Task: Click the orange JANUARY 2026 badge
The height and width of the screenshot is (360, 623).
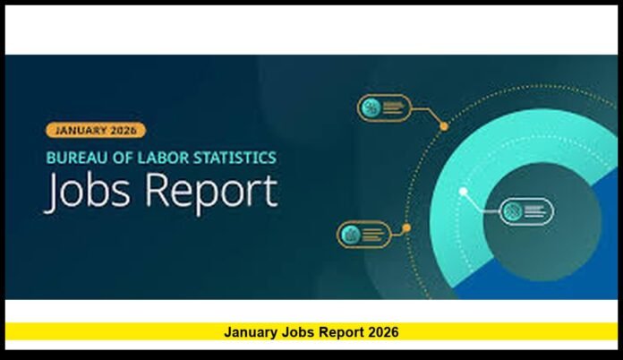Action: coord(94,130)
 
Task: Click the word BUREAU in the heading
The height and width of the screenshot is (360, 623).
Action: coord(75,157)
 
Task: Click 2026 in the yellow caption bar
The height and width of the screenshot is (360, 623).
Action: coord(382,332)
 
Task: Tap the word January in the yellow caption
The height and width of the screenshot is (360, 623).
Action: coord(250,332)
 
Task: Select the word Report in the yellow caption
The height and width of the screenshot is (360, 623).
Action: coord(337,332)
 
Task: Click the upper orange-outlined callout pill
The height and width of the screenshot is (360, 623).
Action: coord(384,107)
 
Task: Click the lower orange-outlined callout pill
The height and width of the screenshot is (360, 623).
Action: coord(363,235)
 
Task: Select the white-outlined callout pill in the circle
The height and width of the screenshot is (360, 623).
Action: coord(525,211)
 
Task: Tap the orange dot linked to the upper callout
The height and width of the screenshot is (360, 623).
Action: coord(444,127)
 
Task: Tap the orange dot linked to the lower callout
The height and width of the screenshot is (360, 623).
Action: coord(406,228)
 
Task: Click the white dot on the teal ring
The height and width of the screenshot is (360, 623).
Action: coord(463,191)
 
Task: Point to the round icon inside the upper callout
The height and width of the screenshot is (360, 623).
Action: coord(371,107)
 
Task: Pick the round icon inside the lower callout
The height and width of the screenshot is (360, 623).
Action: coord(350,235)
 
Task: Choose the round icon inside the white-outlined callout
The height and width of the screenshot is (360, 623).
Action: coord(512,211)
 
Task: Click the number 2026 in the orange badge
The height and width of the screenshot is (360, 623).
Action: coord(122,130)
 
